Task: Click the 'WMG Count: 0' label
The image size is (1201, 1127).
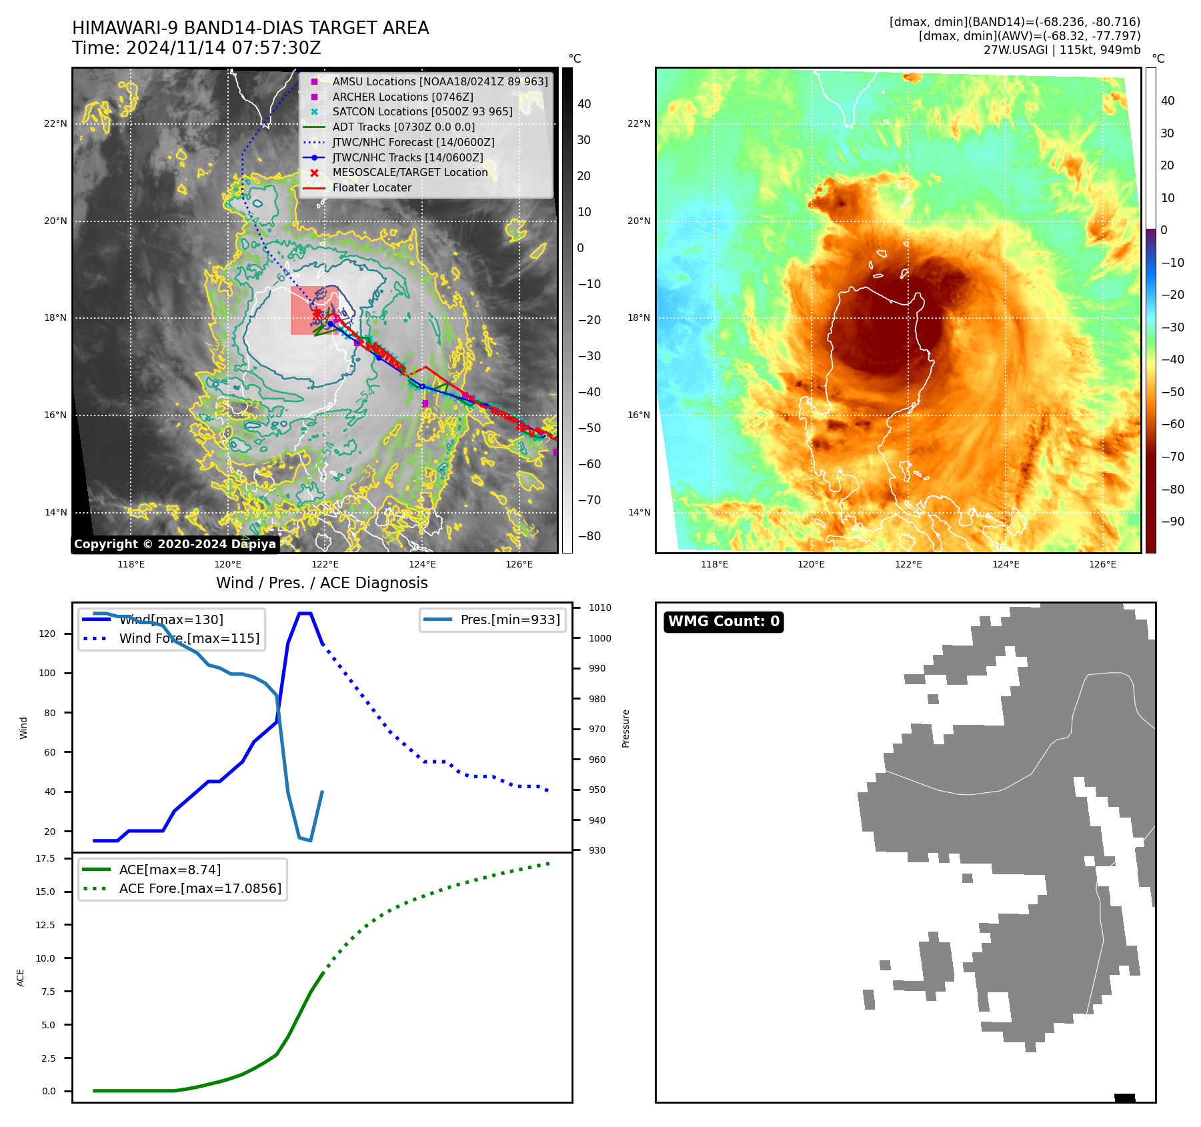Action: (724, 622)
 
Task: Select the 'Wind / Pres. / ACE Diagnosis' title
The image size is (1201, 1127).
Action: (321, 583)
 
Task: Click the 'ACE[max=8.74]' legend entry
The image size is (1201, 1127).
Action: (170, 870)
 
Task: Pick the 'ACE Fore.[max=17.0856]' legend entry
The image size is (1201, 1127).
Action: (200, 888)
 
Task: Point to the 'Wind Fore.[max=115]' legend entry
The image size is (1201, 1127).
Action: (189, 638)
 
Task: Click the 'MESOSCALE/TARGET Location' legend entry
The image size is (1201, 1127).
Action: (410, 172)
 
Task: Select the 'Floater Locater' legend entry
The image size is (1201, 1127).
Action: (371, 187)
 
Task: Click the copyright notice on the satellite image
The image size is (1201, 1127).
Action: (175, 544)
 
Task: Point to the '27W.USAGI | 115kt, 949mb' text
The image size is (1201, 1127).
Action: (1062, 50)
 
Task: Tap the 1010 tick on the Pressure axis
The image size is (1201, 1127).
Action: (600, 608)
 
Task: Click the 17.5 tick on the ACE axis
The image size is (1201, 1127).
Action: (45, 858)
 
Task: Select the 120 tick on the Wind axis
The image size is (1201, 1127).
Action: (47, 634)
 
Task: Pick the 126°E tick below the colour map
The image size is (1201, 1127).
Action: (1102, 564)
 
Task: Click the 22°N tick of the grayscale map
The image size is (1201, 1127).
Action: (56, 123)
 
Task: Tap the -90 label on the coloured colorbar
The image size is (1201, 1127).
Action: (1172, 521)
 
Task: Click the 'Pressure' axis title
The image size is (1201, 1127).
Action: (626, 728)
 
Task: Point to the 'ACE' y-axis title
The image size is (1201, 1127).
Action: (21, 978)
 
